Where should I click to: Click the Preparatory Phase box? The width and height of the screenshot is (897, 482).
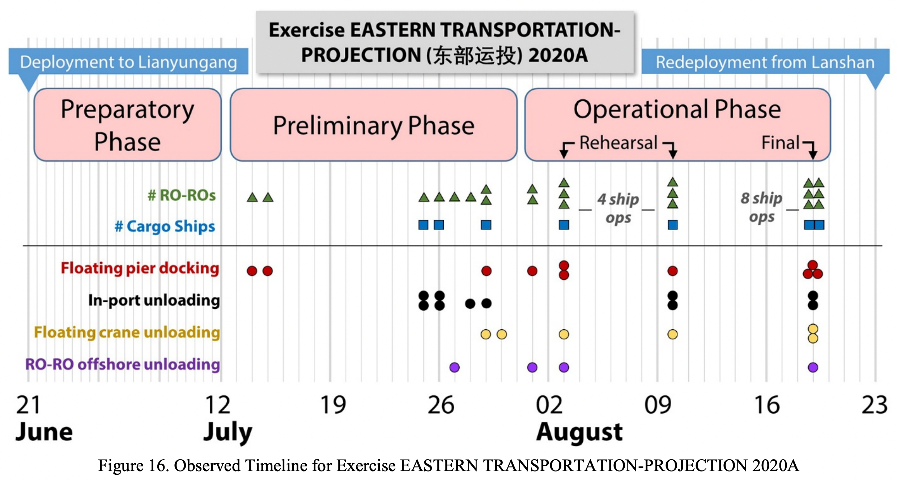(x=127, y=125)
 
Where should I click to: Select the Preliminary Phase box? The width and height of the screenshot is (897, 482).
(x=374, y=125)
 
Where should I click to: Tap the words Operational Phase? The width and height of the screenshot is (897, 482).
(x=677, y=109)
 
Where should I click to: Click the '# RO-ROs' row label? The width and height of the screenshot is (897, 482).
(x=182, y=195)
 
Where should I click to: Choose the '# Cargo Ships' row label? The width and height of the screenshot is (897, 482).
(x=165, y=227)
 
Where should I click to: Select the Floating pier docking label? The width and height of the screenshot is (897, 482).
(x=140, y=269)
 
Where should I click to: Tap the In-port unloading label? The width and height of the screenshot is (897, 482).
(x=154, y=300)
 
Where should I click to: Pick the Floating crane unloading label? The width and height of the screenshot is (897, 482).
(x=127, y=332)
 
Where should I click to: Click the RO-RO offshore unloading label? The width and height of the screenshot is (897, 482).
(x=123, y=364)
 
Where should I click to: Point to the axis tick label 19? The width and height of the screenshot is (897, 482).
(x=333, y=405)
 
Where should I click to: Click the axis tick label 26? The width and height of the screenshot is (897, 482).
(x=441, y=405)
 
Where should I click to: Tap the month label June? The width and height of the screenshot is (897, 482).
(x=44, y=432)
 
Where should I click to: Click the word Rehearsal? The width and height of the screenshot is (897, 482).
(x=618, y=143)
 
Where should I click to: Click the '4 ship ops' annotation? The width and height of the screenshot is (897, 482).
(x=618, y=208)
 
